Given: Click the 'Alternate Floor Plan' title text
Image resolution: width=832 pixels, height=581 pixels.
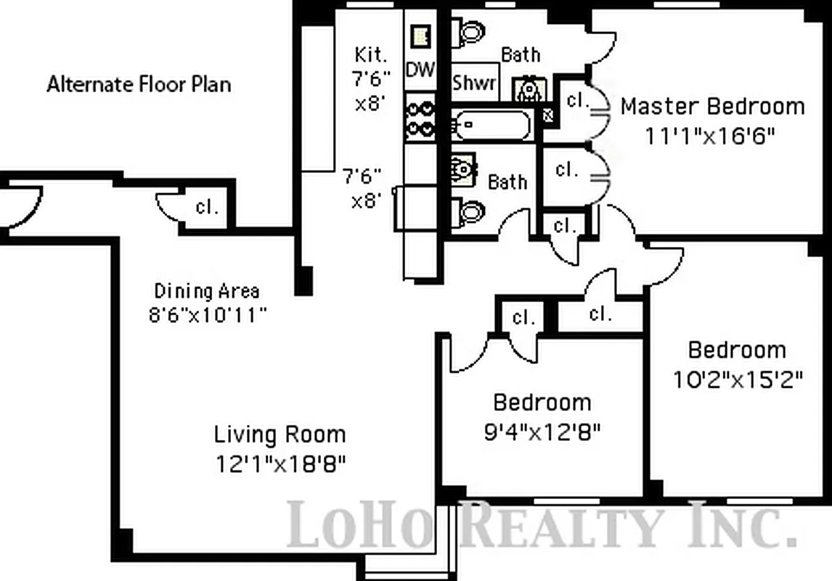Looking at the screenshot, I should [x=139, y=84].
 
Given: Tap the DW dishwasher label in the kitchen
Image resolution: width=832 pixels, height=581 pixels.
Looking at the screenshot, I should [x=420, y=70].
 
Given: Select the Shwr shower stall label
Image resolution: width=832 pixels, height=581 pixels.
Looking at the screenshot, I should [x=474, y=82].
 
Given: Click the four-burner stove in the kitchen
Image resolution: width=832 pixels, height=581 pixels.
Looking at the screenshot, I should [x=420, y=118].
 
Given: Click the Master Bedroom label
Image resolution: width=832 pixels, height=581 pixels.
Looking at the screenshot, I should [x=712, y=107].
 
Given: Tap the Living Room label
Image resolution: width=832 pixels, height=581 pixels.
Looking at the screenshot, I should [x=280, y=435].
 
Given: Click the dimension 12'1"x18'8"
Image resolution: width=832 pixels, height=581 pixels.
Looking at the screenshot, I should [x=280, y=463].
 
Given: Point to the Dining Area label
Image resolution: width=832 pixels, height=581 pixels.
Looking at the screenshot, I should [x=207, y=291].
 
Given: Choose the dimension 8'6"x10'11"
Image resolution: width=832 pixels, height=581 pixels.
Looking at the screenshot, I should [x=207, y=315].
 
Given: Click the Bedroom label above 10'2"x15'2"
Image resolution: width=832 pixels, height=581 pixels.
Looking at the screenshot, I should [x=737, y=350].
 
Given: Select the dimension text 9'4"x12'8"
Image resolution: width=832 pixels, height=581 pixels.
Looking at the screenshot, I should [x=542, y=432].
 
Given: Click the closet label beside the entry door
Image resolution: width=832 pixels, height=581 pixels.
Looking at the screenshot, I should [x=207, y=206].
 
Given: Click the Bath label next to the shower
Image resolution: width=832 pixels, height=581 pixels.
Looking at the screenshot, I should [x=521, y=54].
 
